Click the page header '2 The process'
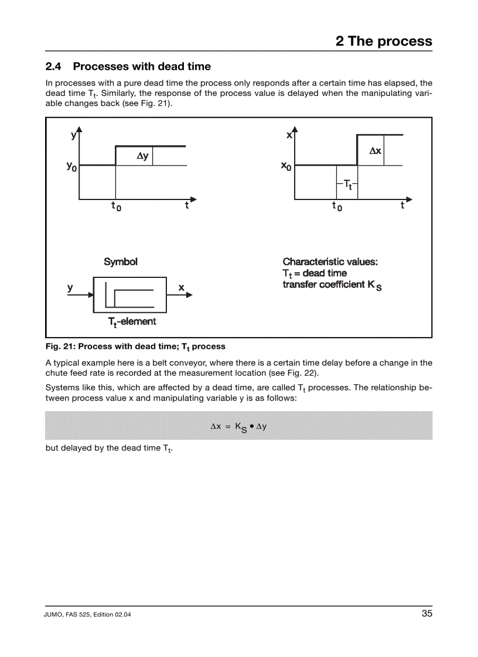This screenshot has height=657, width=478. click(384, 41)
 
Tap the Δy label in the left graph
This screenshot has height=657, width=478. click(142, 156)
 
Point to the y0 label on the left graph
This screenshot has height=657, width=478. click(71, 167)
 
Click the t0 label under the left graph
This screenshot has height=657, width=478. click(117, 206)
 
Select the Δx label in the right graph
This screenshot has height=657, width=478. click(375, 151)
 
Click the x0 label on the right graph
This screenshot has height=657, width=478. click(286, 167)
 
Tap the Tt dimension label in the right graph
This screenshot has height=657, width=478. click(347, 184)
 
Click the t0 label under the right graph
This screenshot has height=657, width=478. click(337, 206)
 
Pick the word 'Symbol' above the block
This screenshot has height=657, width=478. click(121, 262)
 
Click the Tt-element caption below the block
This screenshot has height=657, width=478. click(132, 322)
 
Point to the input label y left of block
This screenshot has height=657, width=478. click(70, 288)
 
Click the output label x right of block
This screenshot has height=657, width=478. click(181, 288)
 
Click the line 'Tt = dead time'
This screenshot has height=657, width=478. click(315, 273)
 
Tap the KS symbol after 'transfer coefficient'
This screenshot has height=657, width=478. click(375, 286)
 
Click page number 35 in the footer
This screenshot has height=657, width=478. click(426, 614)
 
